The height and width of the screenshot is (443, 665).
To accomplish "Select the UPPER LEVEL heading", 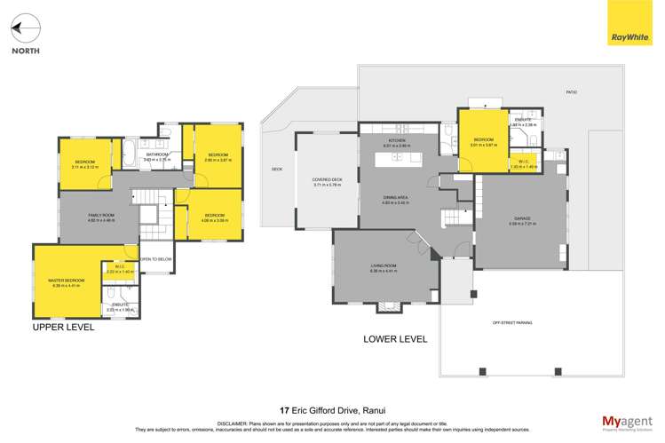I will click(x=63, y=327).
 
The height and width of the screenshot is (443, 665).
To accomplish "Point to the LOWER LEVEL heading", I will click(x=395, y=338).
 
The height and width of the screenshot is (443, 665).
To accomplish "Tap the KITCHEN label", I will click(x=396, y=141).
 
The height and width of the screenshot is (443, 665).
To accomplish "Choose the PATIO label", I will click(x=573, y=91).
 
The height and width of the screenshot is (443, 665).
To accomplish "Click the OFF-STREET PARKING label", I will click(x=512, y=322).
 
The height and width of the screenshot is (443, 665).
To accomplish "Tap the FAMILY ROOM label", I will click(x=99, y=216).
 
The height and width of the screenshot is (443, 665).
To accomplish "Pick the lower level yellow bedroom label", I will click(x=483, y=140).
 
